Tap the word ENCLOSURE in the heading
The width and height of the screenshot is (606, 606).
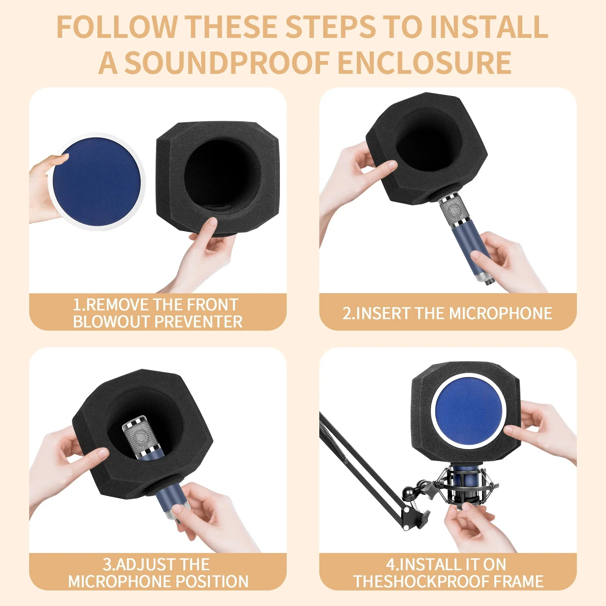click(425, 62)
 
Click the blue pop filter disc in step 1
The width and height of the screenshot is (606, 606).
click(97, 182)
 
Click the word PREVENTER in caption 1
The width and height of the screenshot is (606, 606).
click(198, 322)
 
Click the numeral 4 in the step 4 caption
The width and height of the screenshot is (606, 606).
click(390, 565)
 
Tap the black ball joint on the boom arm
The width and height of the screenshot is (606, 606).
click(411, 493)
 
